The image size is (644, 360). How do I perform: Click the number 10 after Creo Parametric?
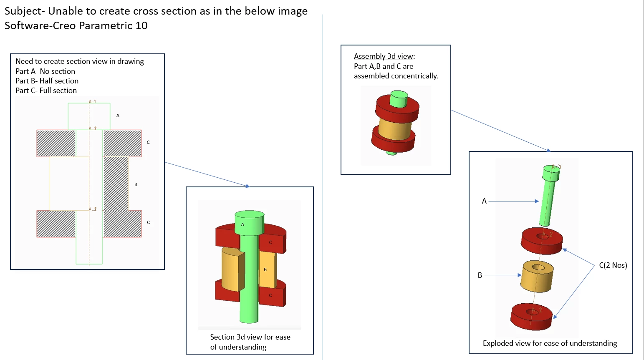coord(141,26)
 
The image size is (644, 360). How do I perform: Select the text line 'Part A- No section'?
coord(45,71)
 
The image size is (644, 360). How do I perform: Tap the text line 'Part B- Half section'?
coord(47,81)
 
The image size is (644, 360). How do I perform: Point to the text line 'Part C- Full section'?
coord(46,91)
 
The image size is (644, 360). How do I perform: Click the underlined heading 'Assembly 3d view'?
coord(383,56)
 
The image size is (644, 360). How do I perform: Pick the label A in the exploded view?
coord(484,201)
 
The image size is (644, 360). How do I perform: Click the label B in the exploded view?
coord(480,275)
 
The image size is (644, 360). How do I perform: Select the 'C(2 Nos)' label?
coord(613,265)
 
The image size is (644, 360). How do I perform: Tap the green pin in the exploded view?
coord(548,196)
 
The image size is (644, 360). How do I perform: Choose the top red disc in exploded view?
coord(542,241)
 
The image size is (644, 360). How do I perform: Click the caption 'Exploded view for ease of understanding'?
coord(550,343)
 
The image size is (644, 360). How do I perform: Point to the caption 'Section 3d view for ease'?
coord(250,337)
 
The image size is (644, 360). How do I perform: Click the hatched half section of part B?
coord(116,184)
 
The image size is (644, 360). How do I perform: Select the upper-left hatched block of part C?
coord(56,143)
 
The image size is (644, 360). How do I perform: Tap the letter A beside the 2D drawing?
coord(118,116)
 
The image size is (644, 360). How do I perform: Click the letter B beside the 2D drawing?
coord(136,184)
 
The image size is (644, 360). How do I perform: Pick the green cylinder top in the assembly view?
coord(399,95)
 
